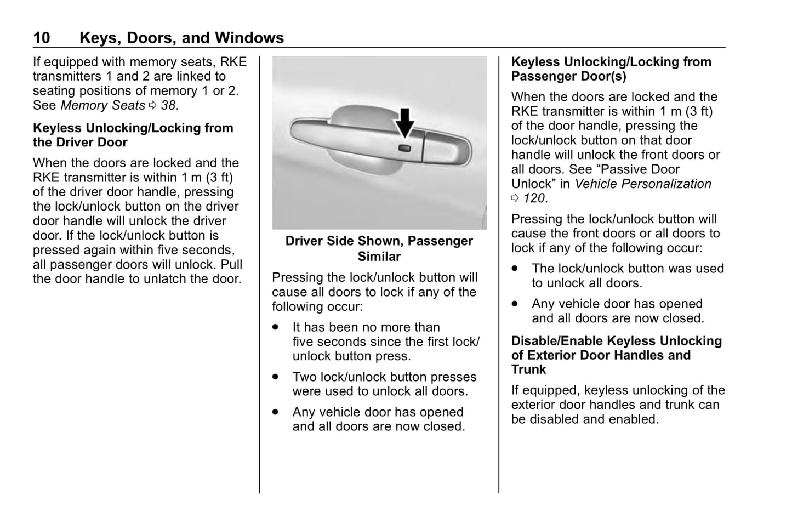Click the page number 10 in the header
click(42, 38)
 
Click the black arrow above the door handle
click(404, 122)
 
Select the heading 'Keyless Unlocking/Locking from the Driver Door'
click(133, 135)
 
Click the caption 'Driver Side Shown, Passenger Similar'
click(379, 248)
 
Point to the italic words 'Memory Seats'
click(102, 105)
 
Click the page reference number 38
click(168, 105)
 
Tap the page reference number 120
click(534, 198)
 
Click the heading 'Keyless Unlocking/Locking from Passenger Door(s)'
click(611, 69)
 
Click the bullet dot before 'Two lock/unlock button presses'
click(276, 377)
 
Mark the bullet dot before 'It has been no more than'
click(276, 327)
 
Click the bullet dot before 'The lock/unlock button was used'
click(515, 269)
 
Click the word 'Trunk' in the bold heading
click(528, 369)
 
